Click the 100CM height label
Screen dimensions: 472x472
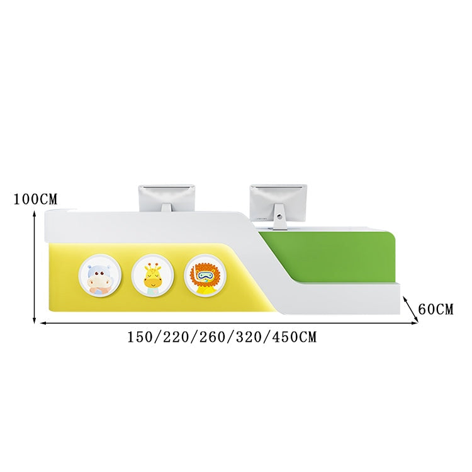tap(35, 199)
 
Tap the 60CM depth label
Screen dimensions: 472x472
tap(435, 309)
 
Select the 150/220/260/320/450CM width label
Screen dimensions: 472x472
tap(222, 337)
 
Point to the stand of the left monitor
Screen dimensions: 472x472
tap(166, 208)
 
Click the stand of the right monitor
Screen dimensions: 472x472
tap(279, 216)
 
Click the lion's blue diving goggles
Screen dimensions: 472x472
tap(205, 274)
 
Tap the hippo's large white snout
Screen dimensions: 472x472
tap(98, 283)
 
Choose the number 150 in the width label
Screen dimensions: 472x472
tap(140, 337)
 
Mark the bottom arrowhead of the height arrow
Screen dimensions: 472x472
tap(35, 320)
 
